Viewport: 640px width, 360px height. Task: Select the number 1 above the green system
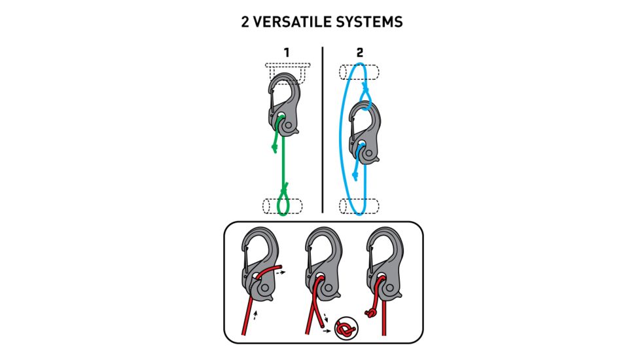[x=287, y=52]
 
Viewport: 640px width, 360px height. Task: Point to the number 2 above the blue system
[x=360, y=52]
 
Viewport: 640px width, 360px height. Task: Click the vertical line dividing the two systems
[x=323, y=130]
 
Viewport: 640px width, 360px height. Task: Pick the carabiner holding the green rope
[x=283, y=104]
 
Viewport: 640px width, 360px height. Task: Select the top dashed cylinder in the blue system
[x=359, y=73]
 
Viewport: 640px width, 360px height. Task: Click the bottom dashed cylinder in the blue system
[x=359, y=206]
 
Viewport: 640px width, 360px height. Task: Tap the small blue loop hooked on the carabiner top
[x=365, y=97]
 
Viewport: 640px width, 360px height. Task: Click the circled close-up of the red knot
[x=346, y=329]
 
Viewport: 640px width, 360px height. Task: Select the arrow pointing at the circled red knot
[x=327, y=331]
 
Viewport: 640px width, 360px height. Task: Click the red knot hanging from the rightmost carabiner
[x=370, y=313]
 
